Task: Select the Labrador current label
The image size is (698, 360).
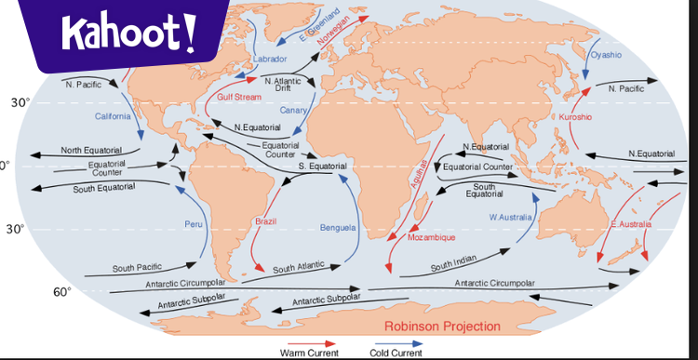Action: pos(270,60)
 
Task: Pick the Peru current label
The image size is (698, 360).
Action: pos(193,224)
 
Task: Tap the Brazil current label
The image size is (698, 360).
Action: pos(266,220)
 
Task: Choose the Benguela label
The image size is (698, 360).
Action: pos(338,228)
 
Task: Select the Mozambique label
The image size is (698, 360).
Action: pos(433,238)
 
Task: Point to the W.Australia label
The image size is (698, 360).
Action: pos(511,217)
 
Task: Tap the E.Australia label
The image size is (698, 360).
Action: pos(632,224)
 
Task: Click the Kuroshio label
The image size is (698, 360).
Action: pos(575,117)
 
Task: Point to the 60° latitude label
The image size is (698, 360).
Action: pos(61,292)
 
